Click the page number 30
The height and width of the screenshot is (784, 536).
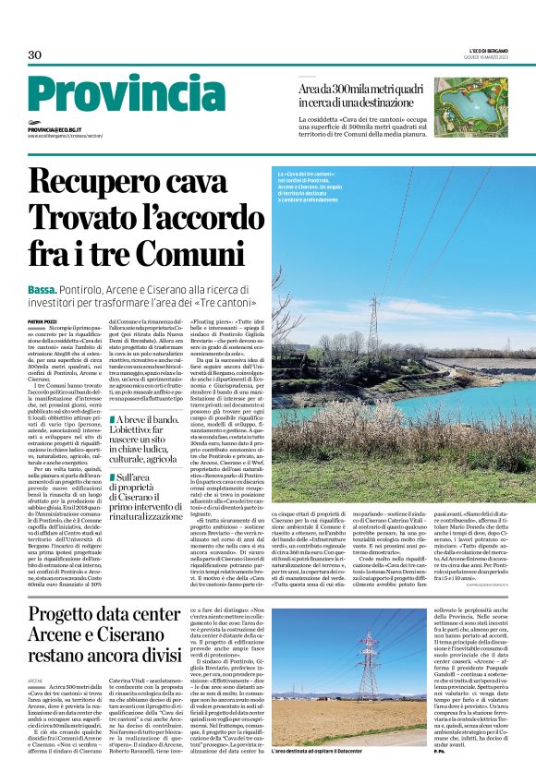click(35, 55)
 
